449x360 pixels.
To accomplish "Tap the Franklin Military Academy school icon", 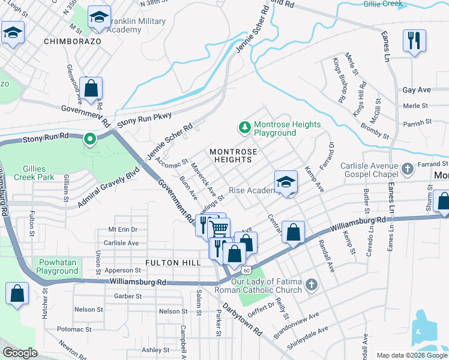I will tap(99, 17).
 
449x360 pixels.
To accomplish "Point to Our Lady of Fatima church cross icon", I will tap(310, 284).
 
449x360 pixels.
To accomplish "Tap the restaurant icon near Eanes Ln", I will tap(414, 40).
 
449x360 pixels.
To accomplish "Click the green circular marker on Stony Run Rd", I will tap(90, 140).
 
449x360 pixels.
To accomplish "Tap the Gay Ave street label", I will tap(417, 90).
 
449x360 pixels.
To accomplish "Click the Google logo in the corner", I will tap(20, 353).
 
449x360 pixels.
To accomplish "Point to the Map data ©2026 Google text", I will tap(411, 355).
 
